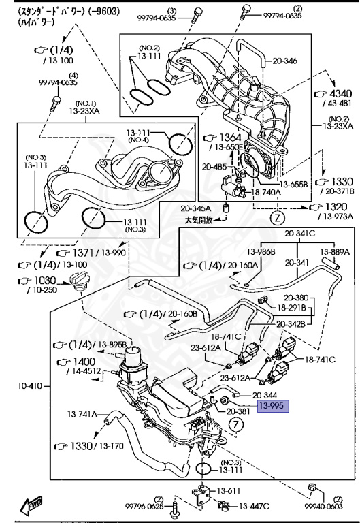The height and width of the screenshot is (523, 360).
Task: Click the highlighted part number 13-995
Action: point(272,407)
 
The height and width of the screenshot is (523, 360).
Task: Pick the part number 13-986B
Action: point(261,251)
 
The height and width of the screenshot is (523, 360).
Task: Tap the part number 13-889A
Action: point(335,251)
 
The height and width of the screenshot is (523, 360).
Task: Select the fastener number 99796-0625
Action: point(144,505)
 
